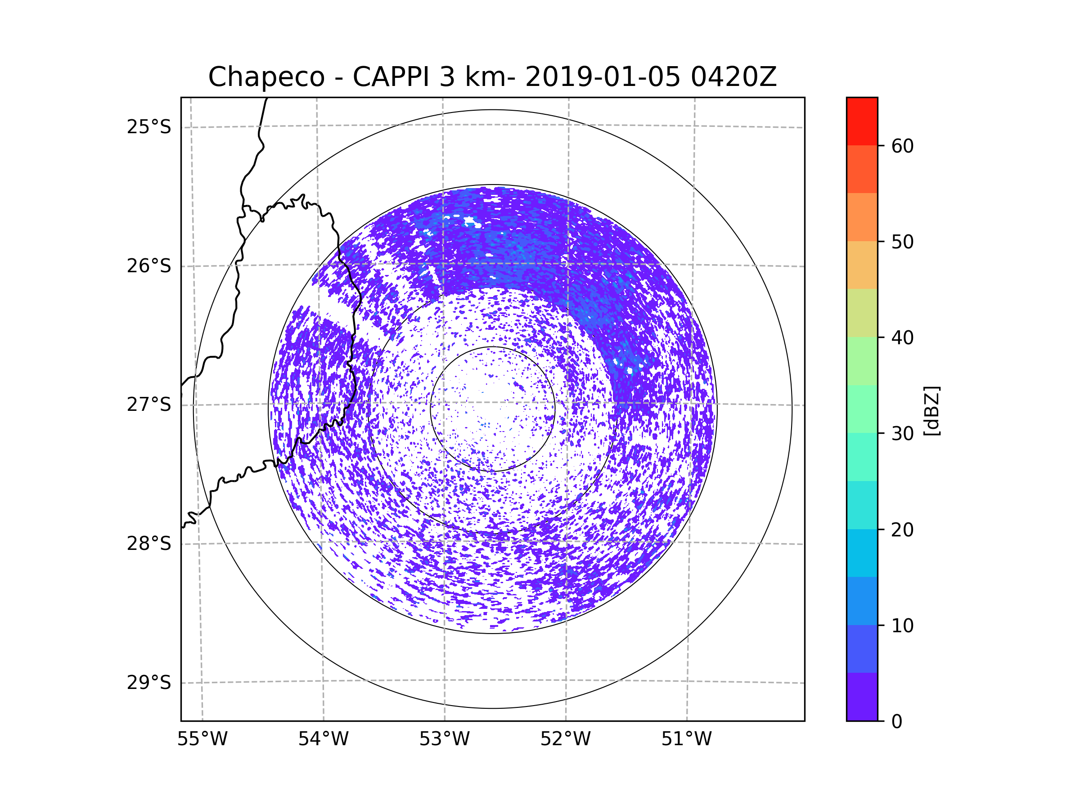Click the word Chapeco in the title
coord(266,77)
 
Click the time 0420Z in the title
coord(733,77)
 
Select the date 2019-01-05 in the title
coord(603,77)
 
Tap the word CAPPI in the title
coord(391,77)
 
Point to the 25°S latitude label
coord(149,127)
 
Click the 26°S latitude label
coord(149,266)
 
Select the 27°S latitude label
coord(149,405)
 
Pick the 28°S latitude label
coord(149,544)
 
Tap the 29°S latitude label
coord(149,683)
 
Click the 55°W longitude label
coord(202,739)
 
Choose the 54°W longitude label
coord(323,739)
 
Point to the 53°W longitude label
coord(444,739)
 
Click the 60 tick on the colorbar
coord(902,146)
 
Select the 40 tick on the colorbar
coord(902,338)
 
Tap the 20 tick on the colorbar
coord(902,530)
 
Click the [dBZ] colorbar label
coord(931,410)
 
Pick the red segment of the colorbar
coord(862,121)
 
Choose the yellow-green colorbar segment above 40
coord(862,313)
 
